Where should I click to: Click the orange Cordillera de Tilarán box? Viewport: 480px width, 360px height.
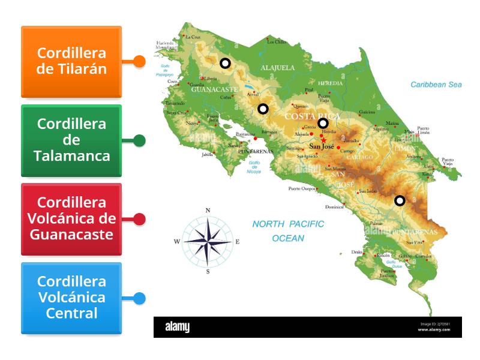tap(71, 61)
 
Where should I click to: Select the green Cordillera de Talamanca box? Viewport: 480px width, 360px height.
tap(71, 140)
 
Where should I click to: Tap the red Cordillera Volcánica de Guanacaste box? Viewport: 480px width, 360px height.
tap(71, 218)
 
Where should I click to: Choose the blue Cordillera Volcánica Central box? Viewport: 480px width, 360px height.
tap(71, 298)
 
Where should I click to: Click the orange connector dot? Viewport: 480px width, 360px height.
tap(139, 61)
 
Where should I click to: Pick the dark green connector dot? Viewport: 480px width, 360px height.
tap(139, 140)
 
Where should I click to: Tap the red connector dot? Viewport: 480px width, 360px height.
tap(139, 219)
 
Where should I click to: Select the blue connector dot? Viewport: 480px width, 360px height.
tap(139, 298)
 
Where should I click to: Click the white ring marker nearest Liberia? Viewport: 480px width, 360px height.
tap(225, 63)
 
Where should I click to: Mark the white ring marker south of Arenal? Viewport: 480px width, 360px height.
tap(263, 109)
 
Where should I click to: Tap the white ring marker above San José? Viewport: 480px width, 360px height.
tap(323, 124)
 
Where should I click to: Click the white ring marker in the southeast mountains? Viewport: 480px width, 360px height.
tap(400, 200)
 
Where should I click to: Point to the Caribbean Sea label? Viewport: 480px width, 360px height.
tap(436, 85)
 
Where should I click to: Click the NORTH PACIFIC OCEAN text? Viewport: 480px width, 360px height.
tap(288, 231)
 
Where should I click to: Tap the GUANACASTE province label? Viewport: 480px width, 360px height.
tap(215, 89)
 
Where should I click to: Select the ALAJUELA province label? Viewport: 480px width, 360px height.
tap(277, 68)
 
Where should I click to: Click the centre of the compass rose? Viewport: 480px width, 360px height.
tap(208, 241)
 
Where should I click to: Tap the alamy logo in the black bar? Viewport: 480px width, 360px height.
tap(177, 327)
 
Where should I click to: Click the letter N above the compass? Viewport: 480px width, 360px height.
tap(208, 211)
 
